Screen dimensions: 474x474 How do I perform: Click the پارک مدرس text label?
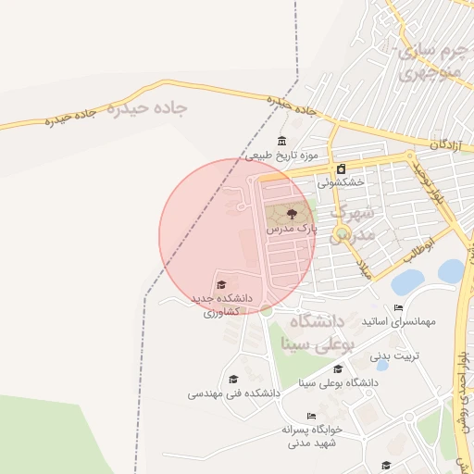tap(291, 228)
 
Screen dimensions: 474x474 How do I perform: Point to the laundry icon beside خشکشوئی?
tap(342, 168)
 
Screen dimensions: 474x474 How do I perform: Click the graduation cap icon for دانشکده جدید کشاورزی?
tap(220, 284)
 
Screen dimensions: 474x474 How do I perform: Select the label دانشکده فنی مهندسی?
tap(234, 393)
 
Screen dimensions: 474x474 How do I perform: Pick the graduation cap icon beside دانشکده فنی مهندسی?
tap(233, 379)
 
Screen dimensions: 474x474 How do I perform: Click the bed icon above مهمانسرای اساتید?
tap(398, 307)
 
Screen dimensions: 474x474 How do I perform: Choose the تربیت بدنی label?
tap(395, 355)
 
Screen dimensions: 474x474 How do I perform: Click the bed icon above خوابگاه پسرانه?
tap(311, 416)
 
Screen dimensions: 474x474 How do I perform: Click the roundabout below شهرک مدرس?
tap(343, 233)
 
